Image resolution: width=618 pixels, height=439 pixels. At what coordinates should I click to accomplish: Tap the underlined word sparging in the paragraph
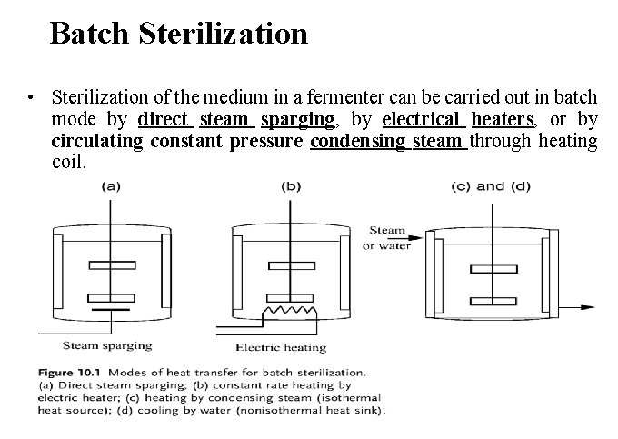(x=297, y=118)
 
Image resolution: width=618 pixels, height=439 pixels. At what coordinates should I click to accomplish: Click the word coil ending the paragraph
(x=68, y=163)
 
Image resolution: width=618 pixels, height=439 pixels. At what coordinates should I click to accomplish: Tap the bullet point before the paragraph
(x=32, y=97)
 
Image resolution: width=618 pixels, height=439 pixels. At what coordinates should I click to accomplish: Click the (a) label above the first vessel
(x=110, y=186)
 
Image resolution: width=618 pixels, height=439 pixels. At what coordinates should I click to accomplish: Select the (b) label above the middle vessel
(x=291, y=186)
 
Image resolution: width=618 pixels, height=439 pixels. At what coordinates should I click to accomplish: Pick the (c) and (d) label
(x=490, y=186)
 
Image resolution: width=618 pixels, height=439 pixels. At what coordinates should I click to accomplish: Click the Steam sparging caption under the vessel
(x=107, y=345)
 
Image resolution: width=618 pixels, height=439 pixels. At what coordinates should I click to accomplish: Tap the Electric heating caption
(x=281, y=347)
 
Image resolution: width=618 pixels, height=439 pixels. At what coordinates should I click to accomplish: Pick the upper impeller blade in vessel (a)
(x=110, y=267)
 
